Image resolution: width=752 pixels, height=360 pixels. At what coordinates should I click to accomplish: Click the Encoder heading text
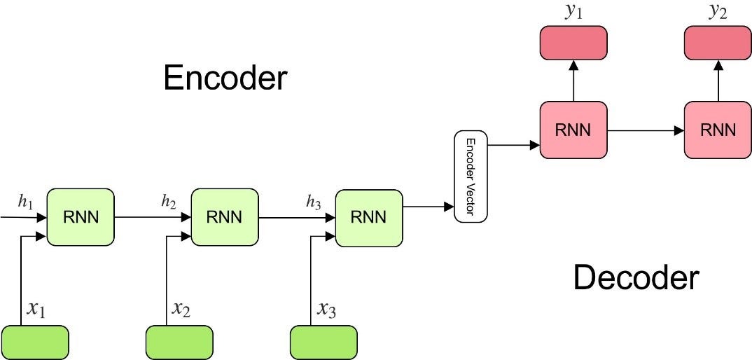(x=225, y=78)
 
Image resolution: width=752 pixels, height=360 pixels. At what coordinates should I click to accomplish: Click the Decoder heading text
(x=636, y=278)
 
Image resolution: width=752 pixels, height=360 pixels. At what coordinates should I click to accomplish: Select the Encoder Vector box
(x=471, y=176)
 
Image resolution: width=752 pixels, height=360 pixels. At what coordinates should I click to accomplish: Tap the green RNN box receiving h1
(x=80, y=217)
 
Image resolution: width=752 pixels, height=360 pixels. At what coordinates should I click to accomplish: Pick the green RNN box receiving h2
(x=224, y=217)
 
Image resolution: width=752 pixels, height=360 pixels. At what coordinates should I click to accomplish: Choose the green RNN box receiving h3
(x=369, y=217)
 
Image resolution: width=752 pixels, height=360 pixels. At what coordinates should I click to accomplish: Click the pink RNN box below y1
(x=573, y=130)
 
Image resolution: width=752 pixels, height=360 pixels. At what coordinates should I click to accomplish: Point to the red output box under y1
(x=573, y=42)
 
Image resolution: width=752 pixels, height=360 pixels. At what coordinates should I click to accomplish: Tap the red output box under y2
(x=717, y=42)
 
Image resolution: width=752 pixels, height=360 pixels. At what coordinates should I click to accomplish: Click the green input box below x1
(x=36, y=342)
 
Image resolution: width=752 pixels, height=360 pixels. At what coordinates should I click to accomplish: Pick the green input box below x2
(x=179, y=342)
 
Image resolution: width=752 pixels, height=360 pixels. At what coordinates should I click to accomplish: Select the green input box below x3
(x=323, y=342)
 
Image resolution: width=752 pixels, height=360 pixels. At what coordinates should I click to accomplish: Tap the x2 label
(x=181, y=308)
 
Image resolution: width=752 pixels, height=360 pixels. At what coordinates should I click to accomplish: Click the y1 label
(x=573, y=12)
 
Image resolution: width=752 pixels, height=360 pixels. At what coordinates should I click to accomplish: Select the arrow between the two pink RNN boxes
(x=645, y=130)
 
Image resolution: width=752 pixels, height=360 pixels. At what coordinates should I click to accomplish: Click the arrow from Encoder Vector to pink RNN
(x=513, y=145)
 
